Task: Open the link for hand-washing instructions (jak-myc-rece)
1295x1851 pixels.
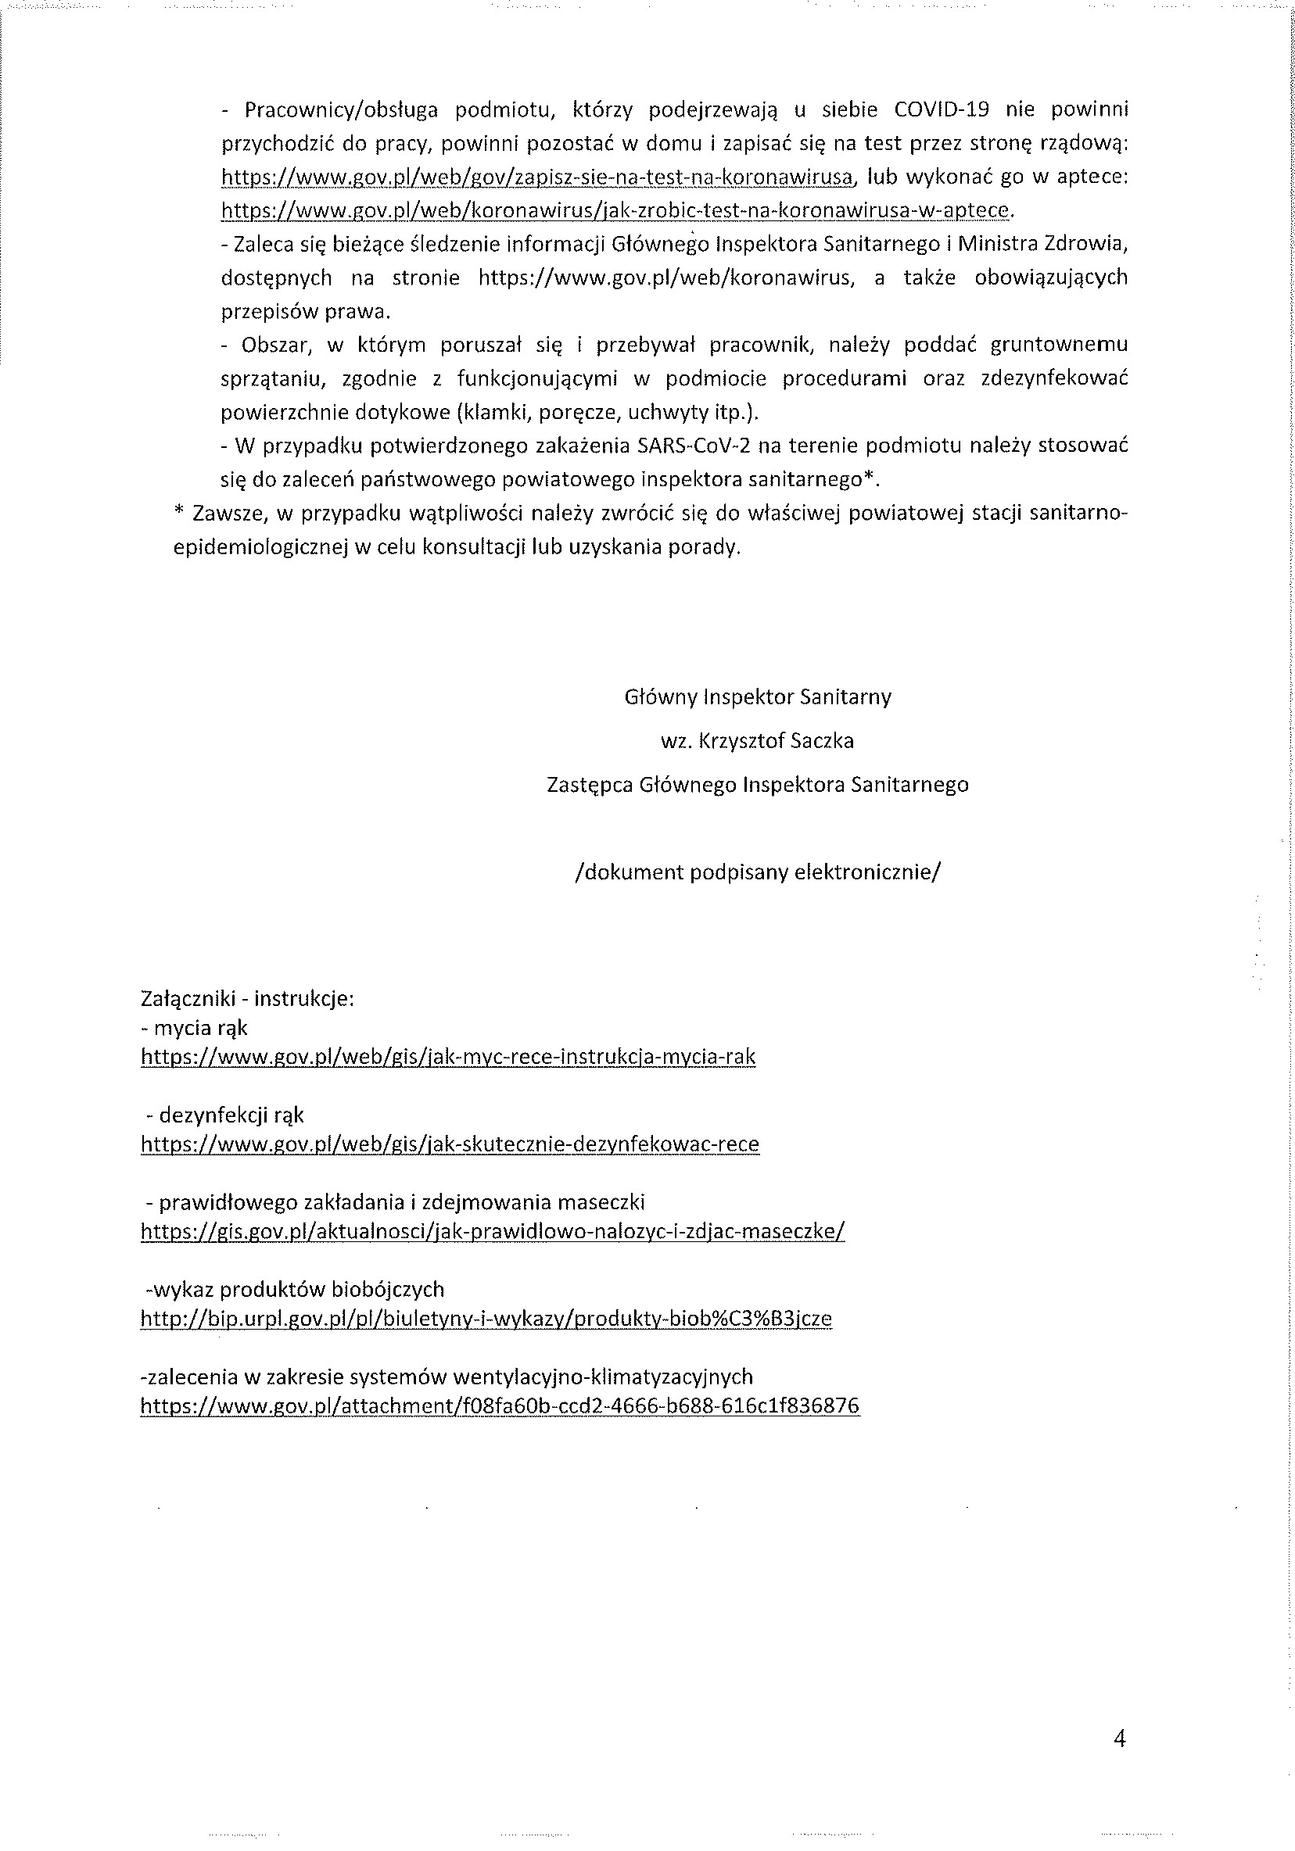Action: coord(448,1057)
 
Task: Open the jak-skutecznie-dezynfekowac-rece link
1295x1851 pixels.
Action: coord(450,1144)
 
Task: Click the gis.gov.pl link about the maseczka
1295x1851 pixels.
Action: coord(493,1231)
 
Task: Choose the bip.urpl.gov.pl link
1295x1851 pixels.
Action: coord(486,1318)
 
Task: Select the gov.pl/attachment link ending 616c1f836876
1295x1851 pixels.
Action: coord(500,1406)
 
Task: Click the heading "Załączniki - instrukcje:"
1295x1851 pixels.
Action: coord(248,999)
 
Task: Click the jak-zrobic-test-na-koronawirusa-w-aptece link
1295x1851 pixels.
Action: coord(615,210)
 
